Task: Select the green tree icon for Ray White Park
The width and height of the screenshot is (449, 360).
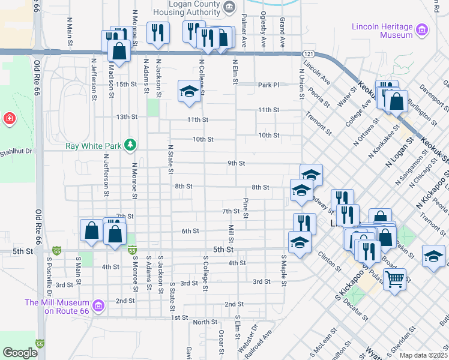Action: coord(129,145)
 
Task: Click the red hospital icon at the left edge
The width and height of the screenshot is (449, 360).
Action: coord(9,119)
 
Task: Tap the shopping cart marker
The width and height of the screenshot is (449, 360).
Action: coord(395,278)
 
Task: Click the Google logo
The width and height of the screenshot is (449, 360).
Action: coord(20,353)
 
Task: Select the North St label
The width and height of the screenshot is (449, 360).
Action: coord(205,322)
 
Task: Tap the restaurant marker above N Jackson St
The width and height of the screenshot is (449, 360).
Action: coord(158,33)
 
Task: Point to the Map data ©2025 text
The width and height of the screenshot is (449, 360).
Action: coord(423,355)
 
